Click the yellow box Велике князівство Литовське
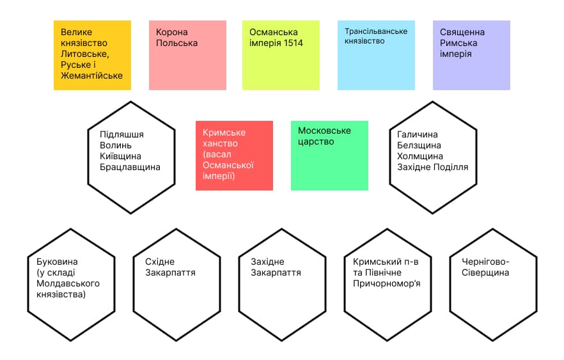93,55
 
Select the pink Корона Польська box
188,55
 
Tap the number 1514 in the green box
293,43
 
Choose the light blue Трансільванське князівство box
376,55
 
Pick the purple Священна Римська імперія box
471,55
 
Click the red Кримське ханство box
234,155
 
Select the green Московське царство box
329,155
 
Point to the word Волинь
116,145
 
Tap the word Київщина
120,156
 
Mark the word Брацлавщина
130,168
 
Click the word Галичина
417,134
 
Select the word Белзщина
419,145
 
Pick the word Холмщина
419,156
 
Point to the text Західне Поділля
433,168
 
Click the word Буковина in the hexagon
57,262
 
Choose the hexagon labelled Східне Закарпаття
176,285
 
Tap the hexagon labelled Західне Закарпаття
282,285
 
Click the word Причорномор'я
387,284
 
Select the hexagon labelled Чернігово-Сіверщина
493,285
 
